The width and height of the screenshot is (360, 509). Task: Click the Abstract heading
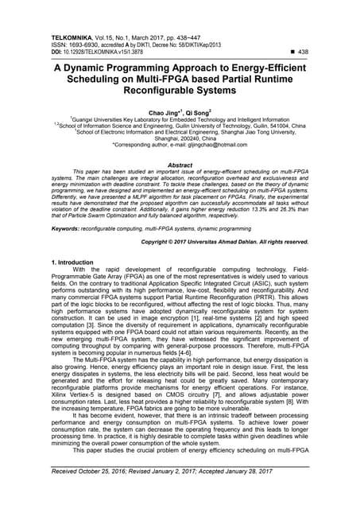tap(180, 165)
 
